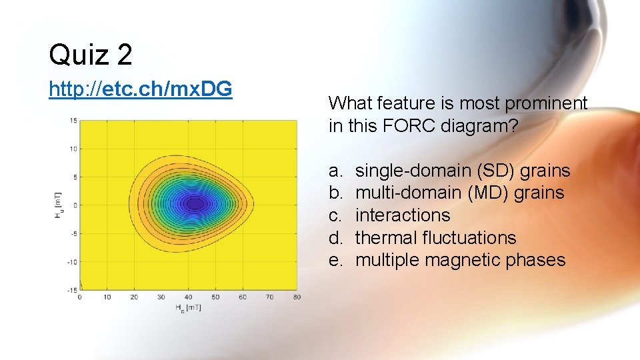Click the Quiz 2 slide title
point(91,55)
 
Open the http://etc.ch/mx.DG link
point(140,89)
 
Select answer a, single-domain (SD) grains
point(463,171)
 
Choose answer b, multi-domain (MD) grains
point(459,193)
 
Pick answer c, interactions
point(403,215)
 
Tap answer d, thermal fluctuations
point(435,238)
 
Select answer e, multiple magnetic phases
point(460,260)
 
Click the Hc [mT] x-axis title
point(188,307)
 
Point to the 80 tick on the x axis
point(297,297)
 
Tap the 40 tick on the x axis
point(189,297)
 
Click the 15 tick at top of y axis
point(73,121)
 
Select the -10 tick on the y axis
point(73,262)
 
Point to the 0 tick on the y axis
point(75,205)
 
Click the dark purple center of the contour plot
point(194,203)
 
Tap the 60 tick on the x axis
point(243,297)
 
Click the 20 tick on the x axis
point(134,297)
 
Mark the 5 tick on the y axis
point(75,177)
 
